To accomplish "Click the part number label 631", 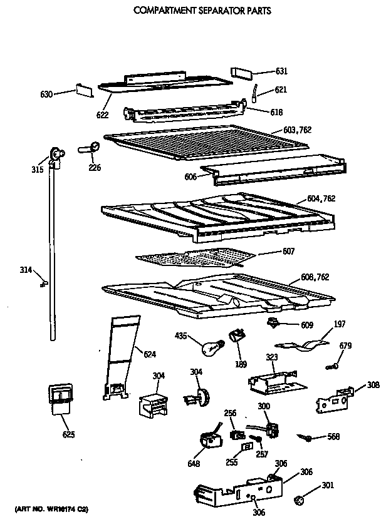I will pos(281,70).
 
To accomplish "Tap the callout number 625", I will pos(68,434).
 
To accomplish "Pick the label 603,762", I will pos(297,130).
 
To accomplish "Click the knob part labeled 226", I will pos(93,148).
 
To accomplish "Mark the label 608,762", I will pos(315,277).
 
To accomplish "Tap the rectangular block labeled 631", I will pos(242,71).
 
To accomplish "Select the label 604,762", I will pos(321,199).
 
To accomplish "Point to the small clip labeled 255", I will pos(246,448).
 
